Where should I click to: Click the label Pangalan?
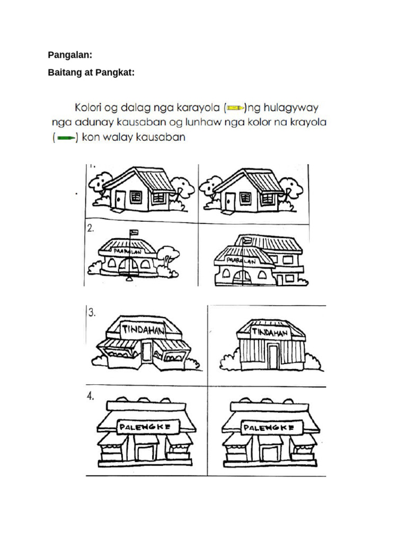[70, 55]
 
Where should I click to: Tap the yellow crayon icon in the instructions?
[236, 109]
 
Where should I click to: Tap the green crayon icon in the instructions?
[66, 138]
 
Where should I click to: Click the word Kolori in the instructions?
[91, 108]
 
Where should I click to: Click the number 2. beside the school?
[91, 229]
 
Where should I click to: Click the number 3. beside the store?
[92, 312]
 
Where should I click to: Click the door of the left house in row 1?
[120, 200]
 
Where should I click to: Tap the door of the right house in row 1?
[229, 201]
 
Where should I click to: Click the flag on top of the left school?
[134, 232]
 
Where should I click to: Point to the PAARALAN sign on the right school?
[241, 261]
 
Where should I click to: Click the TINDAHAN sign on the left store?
[144, 330]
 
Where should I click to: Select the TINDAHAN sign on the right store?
[269, 332]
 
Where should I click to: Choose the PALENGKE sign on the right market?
[268, 427]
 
